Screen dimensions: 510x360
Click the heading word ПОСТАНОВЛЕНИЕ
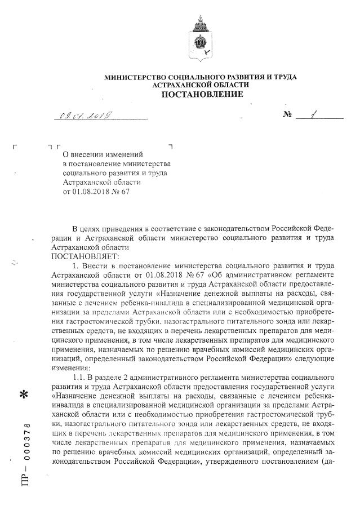pos(203,94)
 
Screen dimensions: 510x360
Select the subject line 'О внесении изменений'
pos(103,154)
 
